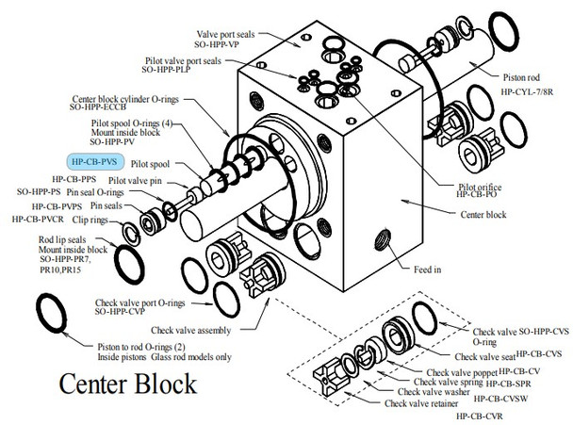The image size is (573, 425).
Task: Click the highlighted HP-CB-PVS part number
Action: point(94,161)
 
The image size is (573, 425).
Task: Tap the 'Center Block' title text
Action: point(128,384)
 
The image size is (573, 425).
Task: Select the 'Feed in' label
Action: point(427,270)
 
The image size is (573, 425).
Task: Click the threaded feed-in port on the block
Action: point(383,239)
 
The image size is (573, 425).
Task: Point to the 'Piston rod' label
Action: point(521,77)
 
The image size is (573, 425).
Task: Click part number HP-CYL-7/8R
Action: point(527,92)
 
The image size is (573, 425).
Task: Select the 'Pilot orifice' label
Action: point(480,188)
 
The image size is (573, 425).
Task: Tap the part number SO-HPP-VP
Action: point(217,44)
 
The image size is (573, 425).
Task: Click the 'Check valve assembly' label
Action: point(190,331)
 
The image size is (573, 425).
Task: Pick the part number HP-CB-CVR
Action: point(479,416)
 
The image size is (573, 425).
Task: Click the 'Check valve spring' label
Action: point(449,382)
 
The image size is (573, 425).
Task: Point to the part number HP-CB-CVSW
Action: point(500,399)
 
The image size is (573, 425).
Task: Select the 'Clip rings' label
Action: point(90,220)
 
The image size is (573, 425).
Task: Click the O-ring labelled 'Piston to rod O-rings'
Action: point(52,313)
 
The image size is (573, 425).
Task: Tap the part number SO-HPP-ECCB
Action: point(98,107)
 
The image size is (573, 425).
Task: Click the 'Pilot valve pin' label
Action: point(135,181)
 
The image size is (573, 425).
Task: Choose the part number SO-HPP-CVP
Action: point(120,311)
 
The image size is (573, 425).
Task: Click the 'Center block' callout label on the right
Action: point(483,215)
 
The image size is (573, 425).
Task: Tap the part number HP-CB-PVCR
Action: point(38,220)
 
